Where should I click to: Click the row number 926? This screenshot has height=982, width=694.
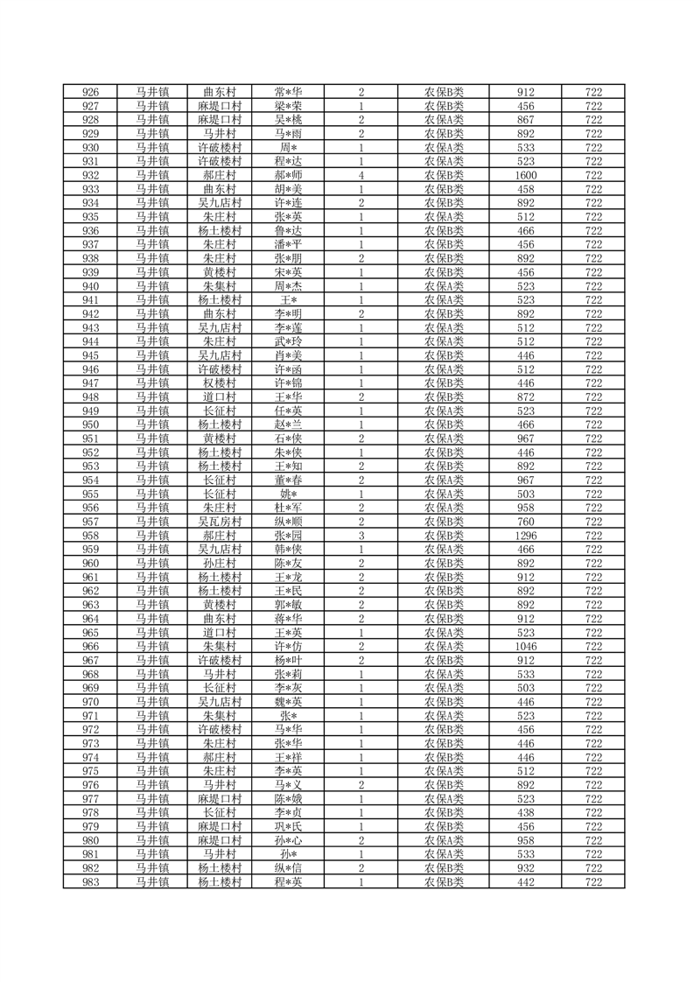90,92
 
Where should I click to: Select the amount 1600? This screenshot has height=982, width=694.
526,175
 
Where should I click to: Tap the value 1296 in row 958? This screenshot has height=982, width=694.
526,536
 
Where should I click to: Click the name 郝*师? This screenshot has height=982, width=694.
288,175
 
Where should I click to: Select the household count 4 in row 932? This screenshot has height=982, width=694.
361,175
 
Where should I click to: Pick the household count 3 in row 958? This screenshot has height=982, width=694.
361,536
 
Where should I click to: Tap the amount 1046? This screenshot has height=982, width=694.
526,647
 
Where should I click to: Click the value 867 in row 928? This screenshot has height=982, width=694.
526,120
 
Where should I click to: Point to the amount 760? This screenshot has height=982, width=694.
526,522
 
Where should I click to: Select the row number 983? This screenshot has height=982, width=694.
90,882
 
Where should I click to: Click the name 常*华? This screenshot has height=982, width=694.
288,92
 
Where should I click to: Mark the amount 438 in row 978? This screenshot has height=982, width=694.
526,813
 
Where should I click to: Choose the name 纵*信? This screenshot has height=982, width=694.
288,868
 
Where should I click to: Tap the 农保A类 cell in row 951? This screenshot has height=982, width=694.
445,438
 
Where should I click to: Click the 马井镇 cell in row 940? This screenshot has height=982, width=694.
152,286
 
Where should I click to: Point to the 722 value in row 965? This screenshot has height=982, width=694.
593,633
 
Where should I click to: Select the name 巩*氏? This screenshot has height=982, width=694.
288,827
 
